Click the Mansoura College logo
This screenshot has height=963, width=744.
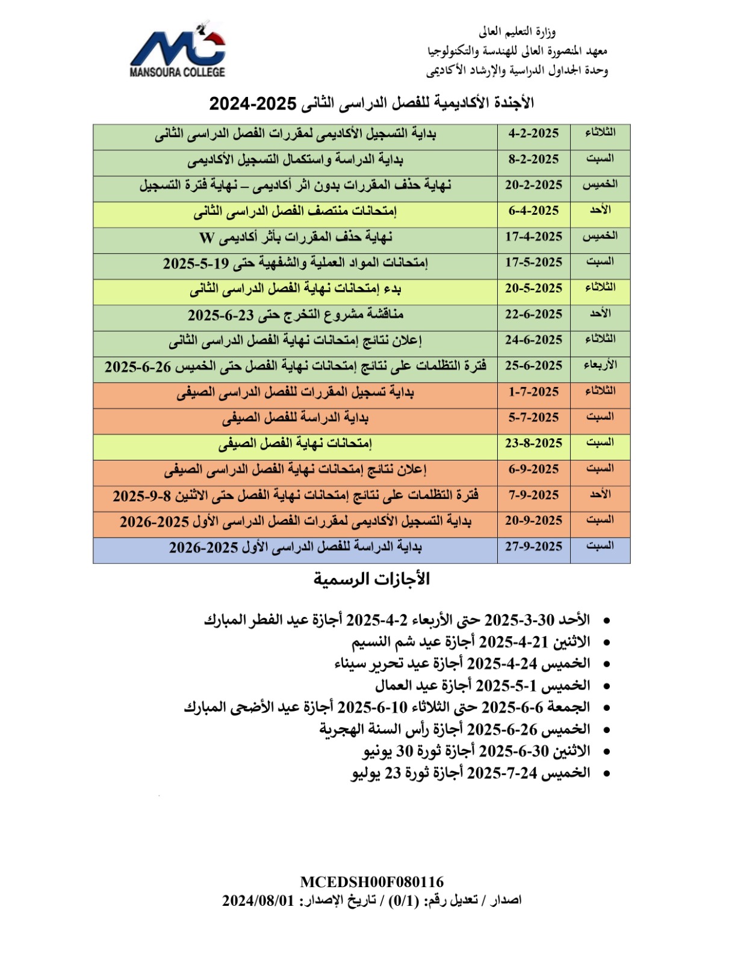pos(178,49)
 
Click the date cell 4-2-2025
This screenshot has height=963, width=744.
pos(533,134)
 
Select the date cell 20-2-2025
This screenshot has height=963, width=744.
pos(533,185)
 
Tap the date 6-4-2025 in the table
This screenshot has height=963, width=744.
pos(533,211)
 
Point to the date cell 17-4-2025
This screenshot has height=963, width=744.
pos(533,237)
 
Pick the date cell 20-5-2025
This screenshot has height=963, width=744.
pos(533,288)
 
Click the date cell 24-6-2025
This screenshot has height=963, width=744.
pos(533,340)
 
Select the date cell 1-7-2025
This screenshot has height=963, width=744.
pos(533,392)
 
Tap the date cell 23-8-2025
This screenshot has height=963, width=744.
pos(533,444)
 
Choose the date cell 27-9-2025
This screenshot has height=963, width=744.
pos(533,547)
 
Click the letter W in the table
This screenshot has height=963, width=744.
pos(206,238)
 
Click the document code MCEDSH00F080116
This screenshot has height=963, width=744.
pos(371,882)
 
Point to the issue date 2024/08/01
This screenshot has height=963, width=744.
pos(258,901)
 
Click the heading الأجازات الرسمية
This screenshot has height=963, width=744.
pos(371,580)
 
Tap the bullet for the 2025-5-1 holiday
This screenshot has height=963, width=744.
pos(606,686)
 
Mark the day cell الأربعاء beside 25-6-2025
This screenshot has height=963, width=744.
pos(600,365)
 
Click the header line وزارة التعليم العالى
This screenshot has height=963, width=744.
pos(517,31)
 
